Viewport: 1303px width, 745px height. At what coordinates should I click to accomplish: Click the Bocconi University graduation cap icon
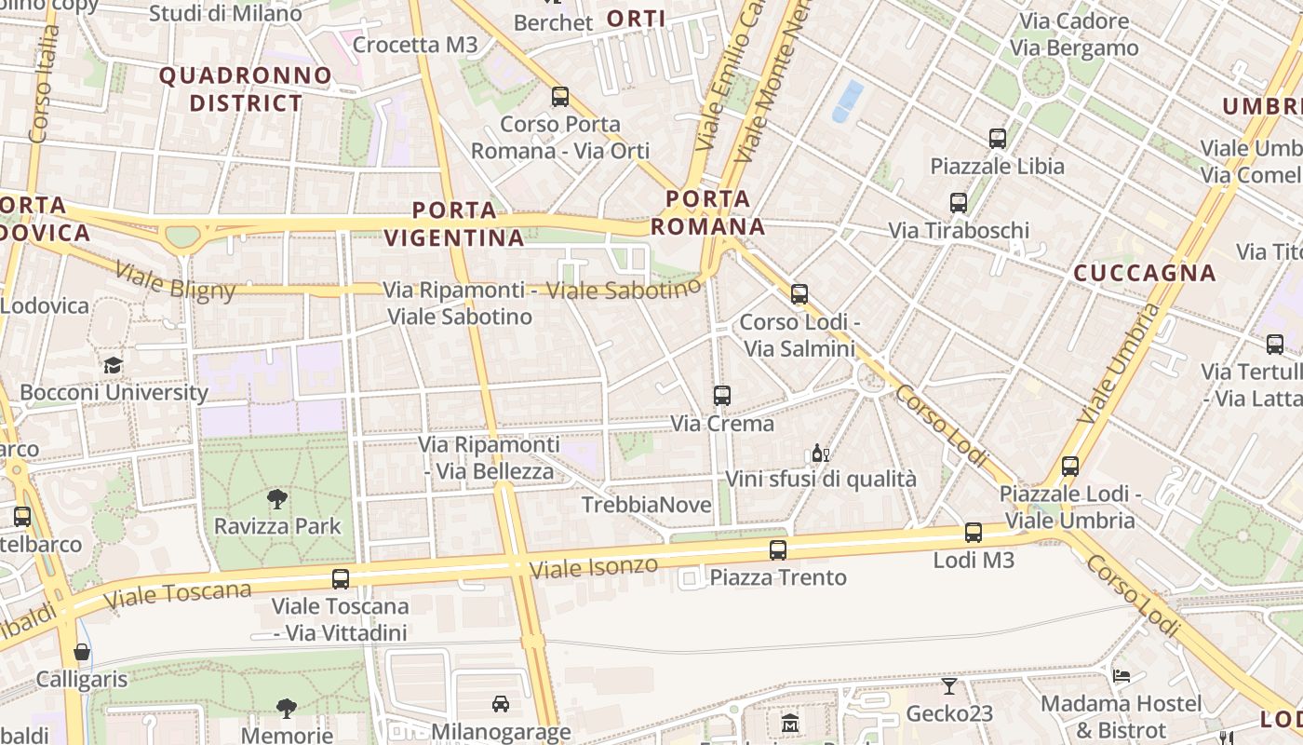(113, 365)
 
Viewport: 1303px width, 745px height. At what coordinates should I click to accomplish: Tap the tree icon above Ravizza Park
(276, 499)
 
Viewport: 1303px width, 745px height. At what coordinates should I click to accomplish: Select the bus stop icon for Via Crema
(721, 396)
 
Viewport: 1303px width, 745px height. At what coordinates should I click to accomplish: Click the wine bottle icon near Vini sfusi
(820, 454)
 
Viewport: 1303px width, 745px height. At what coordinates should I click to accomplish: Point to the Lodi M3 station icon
(973, 533)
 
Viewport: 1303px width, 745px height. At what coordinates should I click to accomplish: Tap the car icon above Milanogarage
(501, 703)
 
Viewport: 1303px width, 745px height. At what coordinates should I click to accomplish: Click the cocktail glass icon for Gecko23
(948, 686)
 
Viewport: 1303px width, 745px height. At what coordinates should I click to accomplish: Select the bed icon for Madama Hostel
(1122, 676)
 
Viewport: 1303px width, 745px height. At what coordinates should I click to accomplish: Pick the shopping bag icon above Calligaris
(82, 652)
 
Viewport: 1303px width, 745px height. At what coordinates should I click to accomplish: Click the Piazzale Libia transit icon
(998, 139)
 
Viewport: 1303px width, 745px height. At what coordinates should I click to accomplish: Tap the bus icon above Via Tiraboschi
(959, 202)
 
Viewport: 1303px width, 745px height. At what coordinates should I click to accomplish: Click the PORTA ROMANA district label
(707, 212)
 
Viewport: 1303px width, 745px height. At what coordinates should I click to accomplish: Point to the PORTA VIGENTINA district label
(454, 223)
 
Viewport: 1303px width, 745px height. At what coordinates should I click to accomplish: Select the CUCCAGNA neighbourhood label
(1144, 273)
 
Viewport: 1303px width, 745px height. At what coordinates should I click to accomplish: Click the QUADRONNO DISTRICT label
(246, 89)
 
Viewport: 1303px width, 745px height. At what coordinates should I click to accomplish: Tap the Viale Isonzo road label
(593, 566)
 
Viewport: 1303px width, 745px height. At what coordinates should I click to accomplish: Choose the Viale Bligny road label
(175, 282)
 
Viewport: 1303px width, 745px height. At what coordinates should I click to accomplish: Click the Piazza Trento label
(778, 577)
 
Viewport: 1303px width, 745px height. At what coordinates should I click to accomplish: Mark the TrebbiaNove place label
(646, 505)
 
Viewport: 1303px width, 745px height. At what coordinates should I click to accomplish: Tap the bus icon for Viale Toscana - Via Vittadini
(341, 578)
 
